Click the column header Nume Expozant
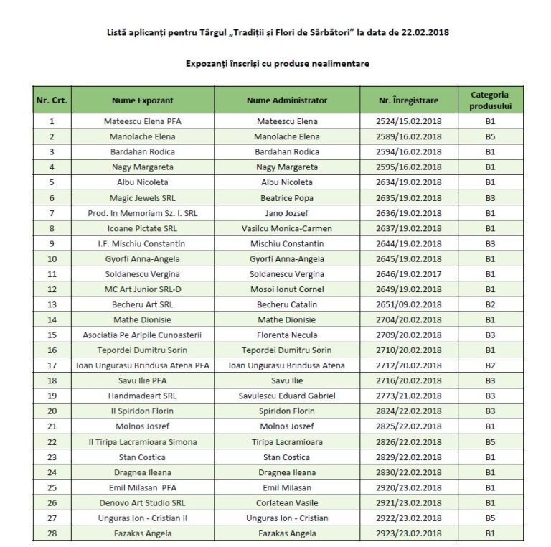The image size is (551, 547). pyautogui.click(x=143, y=100)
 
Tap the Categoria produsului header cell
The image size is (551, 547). pyautogui.click(x=490, y=100)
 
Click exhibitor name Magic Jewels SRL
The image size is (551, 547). pyautogui.click(x=143, y=198)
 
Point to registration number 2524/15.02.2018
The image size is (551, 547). pyautogui.click(x=408, y=121)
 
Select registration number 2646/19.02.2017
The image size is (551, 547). pyautogui.click(x=408, y=274)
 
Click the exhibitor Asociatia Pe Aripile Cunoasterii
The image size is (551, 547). pyautogui.click(x=143, y=335)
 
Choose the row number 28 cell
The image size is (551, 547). pyautogui.click(x=52, y=533)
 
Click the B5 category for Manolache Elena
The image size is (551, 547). pyautogui.click(x=490, y=136)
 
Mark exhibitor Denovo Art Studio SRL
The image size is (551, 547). pyautogui.click(x=143, y=503)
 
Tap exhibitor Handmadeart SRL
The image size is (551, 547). pyautogui.click(x=143, y=396)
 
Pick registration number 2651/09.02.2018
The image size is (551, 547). pyautogui.click(x=408, y=304)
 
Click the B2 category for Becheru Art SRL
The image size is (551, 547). pyautogui.click(x=490, y=304)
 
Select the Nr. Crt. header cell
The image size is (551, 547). pyautogui.click(x=52, y=100)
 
